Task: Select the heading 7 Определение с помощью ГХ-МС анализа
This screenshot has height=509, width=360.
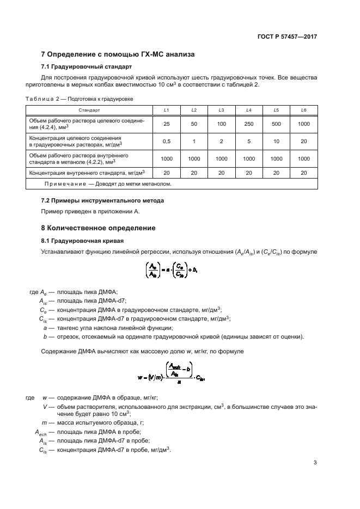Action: (118, 54)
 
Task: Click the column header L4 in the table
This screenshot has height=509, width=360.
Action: (248, 110)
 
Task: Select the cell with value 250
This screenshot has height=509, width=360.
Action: (248, 124)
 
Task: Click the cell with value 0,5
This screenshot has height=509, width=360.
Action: (167, 142)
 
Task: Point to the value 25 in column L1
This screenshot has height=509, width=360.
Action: (167, 124)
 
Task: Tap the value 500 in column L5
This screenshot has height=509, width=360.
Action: (276, 124)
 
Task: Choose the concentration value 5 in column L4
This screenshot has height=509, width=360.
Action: (248, 142)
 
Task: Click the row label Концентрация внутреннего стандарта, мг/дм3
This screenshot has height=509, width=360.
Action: (90, 173)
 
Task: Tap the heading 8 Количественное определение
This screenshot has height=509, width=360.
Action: (99, 228)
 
